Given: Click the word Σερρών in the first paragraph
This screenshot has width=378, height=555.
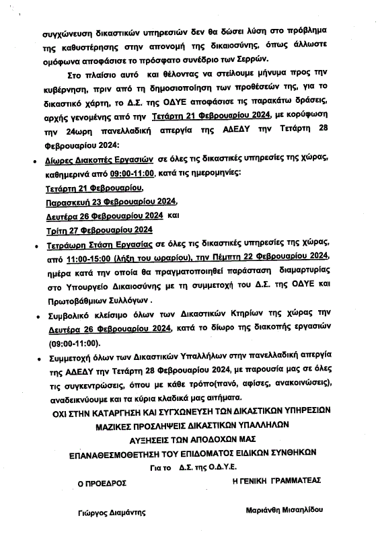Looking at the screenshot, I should [x=253, y=58].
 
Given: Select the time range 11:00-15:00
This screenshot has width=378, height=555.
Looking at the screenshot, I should [x=93, y=256].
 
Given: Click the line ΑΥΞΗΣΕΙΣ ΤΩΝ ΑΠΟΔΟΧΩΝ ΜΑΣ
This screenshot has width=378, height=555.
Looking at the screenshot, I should [x=188, y=439].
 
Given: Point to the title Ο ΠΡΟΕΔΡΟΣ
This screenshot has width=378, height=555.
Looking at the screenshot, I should [x=102, y=482].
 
